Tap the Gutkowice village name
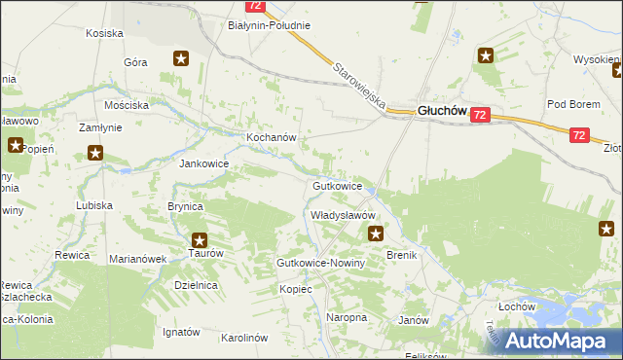(x=338, y=185)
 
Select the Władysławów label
(x=343, y=214)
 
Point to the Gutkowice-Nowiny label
(x=320, y=264)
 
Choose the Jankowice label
(x=203, y=164)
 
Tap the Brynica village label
(x=185, y=207)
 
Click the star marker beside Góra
(x=180, y=58)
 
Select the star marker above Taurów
(x=200, y=239)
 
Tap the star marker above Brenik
(x=376, y=233)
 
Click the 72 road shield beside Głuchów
(x=479, y=115)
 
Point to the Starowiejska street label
(x=359, y=86)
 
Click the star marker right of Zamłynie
(x=95, y=152)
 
